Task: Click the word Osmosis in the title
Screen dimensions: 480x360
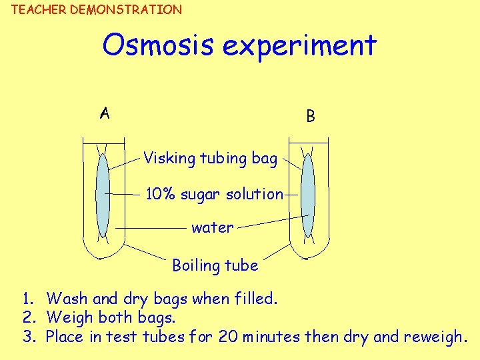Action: pos(158,45)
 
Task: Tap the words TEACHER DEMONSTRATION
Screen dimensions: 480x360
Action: pos(97,9)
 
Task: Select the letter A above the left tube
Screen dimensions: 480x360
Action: pos(105,113)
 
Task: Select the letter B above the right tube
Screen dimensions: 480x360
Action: pos(311,116)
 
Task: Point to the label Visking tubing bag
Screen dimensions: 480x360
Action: pos(210,159)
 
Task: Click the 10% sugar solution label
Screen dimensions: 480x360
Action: pos(215,194)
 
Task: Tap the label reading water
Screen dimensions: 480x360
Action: pos(212,227)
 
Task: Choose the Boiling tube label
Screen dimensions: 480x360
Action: pos(215,265)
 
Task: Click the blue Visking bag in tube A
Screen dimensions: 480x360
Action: pos(103,194)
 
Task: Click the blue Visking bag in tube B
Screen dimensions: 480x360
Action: pos(307,194)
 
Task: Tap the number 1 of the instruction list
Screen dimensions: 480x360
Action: pos(27,299)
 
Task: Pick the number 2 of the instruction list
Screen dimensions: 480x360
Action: pos(27,317)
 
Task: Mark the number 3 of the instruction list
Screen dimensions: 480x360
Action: pos(27,337)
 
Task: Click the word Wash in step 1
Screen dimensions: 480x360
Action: pos(69,299)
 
